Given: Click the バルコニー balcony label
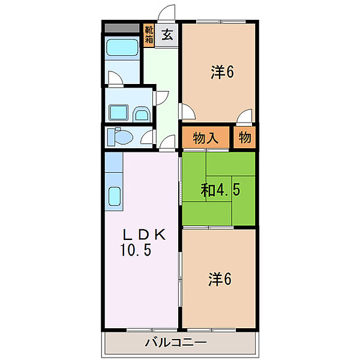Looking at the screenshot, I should coord(176,343).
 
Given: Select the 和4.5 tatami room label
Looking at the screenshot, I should coord(220,191).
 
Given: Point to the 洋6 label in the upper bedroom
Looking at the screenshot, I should coord(221,73).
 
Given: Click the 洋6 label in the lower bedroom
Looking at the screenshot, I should coord(221,279).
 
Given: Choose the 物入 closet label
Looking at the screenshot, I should coord(206,138).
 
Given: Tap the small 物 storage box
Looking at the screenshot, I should coord(245,138).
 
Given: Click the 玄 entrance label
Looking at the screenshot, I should coord(169,35).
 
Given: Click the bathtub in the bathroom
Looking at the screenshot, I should coord(122,49).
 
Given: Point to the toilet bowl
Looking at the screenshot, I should coord(122,137).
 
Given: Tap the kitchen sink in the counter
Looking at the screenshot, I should coord(115,196).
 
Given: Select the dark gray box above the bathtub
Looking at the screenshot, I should coord(122,28).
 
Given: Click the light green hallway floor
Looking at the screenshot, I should coord(161,84).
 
